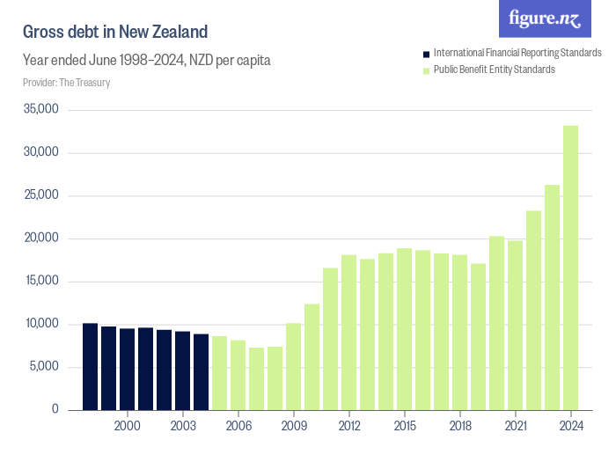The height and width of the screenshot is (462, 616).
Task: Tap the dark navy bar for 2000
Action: point(127,369)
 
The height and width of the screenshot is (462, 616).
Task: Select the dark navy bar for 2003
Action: point(182,370)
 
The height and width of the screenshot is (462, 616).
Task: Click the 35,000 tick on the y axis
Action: point(40,110)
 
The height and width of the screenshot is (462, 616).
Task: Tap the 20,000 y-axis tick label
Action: point(40,238)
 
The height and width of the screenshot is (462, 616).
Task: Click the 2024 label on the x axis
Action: point(570,426)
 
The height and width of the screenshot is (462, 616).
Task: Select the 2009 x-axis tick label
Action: point(293,426)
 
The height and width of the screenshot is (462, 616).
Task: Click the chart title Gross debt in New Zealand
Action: point(115,33)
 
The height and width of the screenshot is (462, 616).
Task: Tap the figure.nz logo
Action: point(545,18)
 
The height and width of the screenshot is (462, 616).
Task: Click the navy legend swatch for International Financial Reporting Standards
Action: point(427,54)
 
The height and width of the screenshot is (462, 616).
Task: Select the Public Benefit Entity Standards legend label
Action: point(495,70)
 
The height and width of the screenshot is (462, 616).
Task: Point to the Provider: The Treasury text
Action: point(66,83)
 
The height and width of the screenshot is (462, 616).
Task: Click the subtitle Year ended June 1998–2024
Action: point(146,61)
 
